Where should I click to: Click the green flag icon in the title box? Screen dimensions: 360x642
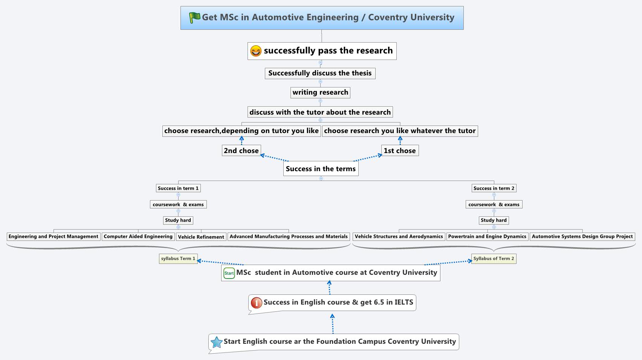coord(194,17)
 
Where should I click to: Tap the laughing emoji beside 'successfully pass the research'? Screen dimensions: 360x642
coord(255,51)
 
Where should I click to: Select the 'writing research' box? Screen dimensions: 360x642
coord(320,92)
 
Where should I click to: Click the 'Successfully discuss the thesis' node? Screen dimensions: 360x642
coord(320,73)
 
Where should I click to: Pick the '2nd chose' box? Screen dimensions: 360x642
coord(241,150)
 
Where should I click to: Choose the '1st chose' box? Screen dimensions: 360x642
coord(399,150)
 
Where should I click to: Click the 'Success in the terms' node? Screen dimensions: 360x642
coord(321,169)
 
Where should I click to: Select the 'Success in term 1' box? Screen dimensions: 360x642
coord(178,188)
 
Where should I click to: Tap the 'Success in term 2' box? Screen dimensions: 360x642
coord(494,188)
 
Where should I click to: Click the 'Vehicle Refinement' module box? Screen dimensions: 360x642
coord(201,237)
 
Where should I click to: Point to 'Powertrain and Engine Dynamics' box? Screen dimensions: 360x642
coord(487,236)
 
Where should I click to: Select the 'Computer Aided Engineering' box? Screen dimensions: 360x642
coord(138,236)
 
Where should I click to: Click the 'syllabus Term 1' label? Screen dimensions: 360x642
coord(178,259)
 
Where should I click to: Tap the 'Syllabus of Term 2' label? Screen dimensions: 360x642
coord(494,259)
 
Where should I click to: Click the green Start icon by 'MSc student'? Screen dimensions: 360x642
coord(229,273)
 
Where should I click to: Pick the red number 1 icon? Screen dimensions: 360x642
coord(256,302)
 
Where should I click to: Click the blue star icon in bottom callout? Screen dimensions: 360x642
coord(216,342)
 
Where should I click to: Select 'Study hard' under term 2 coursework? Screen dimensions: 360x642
coord(494,220)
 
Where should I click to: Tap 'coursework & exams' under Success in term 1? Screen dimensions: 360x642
coord(178,204)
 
